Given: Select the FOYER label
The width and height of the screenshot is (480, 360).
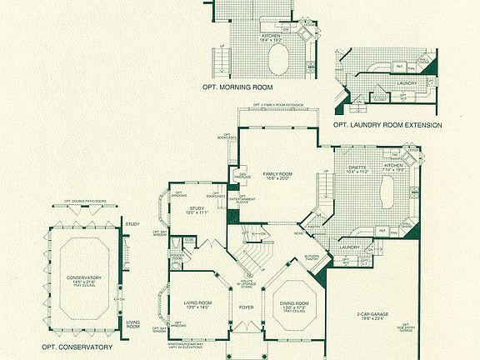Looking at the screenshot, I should point(246,306).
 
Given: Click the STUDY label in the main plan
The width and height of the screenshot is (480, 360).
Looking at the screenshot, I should point(197,208).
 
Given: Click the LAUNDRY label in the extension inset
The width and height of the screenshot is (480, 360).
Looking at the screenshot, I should point(407,83).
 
